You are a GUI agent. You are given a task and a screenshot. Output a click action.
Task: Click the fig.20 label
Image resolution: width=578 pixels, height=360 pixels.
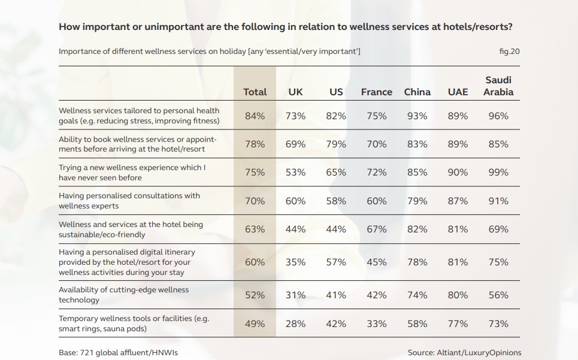509,51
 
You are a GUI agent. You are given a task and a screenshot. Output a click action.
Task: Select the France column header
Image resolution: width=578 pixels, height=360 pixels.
376,92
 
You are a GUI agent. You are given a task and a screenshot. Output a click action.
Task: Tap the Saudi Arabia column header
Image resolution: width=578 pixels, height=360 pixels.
498,86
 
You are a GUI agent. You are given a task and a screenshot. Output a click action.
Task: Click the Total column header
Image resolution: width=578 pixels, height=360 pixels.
255,92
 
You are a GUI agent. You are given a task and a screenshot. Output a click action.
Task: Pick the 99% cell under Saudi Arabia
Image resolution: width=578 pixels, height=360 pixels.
498,172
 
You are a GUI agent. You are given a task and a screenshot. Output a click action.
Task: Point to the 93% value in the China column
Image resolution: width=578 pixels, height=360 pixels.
417,116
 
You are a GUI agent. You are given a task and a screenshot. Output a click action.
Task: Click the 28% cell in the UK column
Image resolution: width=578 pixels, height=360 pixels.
295,323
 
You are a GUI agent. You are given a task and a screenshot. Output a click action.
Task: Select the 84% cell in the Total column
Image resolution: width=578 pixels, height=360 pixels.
255,116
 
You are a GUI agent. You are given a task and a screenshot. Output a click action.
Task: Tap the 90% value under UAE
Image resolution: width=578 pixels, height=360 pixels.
458,172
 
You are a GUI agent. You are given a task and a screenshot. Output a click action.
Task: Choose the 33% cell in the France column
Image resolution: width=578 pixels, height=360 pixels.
376,323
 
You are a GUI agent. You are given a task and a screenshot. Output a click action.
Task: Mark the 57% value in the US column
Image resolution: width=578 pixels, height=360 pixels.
336,262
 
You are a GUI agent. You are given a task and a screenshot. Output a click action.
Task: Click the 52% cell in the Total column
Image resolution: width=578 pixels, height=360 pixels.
255,295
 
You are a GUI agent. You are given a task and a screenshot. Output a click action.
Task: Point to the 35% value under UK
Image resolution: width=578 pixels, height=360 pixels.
295,262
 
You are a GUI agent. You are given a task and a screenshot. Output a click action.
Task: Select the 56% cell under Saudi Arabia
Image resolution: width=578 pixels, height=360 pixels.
498,295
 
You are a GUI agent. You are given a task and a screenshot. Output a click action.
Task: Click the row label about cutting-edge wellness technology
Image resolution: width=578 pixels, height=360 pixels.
123,295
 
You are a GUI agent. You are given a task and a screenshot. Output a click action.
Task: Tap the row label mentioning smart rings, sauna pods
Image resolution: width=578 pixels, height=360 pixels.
134,323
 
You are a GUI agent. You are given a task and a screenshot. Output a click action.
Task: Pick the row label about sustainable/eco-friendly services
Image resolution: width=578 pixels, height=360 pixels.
131,229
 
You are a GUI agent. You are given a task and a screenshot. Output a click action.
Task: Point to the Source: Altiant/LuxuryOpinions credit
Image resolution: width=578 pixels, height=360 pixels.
464,353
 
